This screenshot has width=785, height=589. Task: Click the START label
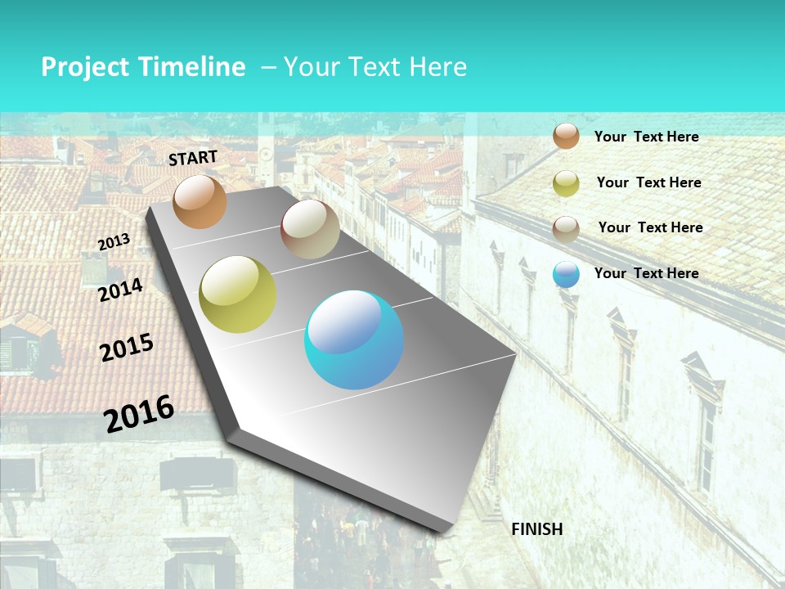click(193, 158)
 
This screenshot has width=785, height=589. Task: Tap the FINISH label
click(537, 529)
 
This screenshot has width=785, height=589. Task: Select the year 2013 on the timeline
click(114, 241)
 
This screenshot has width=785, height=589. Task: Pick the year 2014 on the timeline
click(121, 290)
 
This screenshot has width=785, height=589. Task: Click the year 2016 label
click(139, 413)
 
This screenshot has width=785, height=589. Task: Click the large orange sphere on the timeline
click(200, 201)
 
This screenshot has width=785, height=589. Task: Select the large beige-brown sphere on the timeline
click(310, 229)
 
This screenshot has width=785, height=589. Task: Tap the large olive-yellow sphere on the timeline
click(238, 294)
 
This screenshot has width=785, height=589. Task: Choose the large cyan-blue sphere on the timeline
click(354, 339)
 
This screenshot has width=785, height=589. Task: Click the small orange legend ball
click(566, 136)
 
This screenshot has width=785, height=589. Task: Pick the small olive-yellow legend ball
click(566, 183)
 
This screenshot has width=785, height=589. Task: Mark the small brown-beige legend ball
click(566, 229)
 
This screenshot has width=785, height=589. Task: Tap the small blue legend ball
click(566, 274)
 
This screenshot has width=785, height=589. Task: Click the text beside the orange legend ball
click(646, 137)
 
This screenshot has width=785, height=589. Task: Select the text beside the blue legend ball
click(646, 273)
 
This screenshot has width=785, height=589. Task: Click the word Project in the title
click(86, 67)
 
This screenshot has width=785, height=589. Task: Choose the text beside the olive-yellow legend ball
click(648, 182)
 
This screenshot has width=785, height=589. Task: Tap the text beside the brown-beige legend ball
click(650, 227)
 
